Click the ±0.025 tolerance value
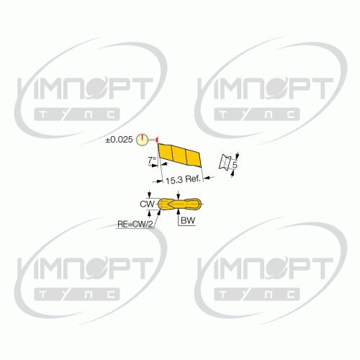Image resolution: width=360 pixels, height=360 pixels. (119, 140)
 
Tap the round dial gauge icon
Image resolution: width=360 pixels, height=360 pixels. (142, 140)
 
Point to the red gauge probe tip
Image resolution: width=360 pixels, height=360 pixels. (157, 139)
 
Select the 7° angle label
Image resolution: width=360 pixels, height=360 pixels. (152, 160)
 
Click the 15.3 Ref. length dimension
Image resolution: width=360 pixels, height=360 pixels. (183, 179)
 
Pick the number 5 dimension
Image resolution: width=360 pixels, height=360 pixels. (235, 165)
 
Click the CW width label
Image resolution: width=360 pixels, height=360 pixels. (147, 204)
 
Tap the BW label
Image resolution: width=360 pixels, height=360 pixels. (188, 220)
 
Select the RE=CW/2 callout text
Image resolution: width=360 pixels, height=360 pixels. (135, 225)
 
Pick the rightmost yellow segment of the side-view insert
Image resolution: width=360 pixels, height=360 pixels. (194, 158)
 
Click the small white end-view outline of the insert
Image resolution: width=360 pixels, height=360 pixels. (225, 163)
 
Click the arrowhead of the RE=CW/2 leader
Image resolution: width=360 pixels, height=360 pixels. (159, 212)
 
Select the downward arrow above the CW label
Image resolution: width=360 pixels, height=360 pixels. (150, 194)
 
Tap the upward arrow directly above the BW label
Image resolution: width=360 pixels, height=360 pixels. (178, 212)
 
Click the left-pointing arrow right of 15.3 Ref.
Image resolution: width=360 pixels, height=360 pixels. (209, 178)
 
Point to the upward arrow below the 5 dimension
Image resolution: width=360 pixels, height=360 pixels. (233, 174)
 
